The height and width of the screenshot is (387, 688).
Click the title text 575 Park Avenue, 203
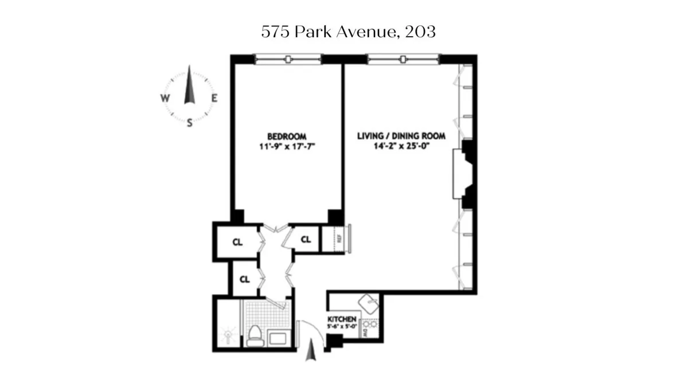click(x=348, y=32)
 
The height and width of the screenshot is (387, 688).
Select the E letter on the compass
click(x=214, y=98)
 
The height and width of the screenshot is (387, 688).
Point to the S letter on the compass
click(x=189, y=123)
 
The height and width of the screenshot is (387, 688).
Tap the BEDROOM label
click(x=287, y=136)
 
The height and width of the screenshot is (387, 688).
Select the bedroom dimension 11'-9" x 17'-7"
click(x=287, y=146)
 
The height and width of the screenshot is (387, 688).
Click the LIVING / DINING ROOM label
click(x=401, y=136)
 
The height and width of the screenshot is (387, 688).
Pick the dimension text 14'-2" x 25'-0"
click(x=401, y=146)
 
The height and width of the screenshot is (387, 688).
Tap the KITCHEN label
click(x=342, y=319)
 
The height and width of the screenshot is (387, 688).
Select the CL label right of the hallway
click(x=306, y=239)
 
